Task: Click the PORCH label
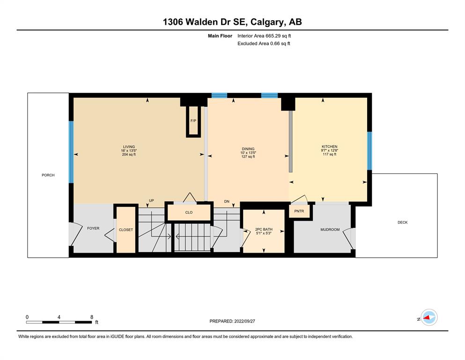pos(48,175)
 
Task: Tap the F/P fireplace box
pos(193,121)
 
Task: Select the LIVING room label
pos(129,147)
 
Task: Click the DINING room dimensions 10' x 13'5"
pos(248,153)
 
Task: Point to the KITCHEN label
pos(330,147)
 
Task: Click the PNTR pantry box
pos(300,211)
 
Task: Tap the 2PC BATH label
pos(264,229)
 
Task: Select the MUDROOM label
pos(330,229)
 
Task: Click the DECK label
pos(402,222)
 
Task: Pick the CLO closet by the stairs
pos(189,212)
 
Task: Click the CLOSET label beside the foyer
pos(126,230)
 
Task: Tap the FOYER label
pos(93,228)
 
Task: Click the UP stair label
pos(151,201)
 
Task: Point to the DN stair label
pos(227,201)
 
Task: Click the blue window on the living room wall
pos(71,152)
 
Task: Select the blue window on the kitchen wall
pos(369,150)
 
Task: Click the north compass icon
pos(429,317)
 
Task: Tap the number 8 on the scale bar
pos(92,317)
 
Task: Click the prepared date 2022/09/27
pos(244,321)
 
